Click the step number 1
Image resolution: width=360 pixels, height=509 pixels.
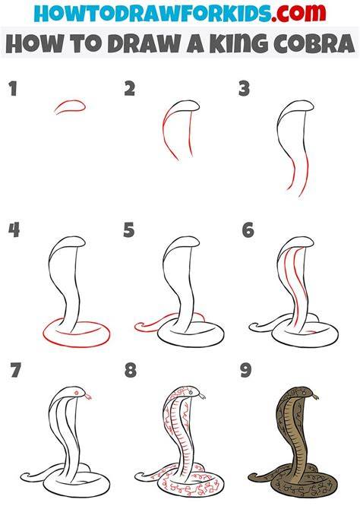click(13, 89)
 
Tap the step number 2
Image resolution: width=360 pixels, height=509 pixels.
click(129, 89)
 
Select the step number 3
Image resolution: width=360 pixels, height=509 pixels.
click(244, 89)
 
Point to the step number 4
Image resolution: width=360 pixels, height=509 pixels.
click(14, 230)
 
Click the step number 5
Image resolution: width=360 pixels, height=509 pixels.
click(129, 230)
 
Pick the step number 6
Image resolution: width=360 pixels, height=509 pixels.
click(248, 230)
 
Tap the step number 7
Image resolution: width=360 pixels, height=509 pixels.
click(15, 370)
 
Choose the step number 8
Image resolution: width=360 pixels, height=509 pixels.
click(130, 370)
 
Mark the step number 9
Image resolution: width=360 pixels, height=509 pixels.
click(246, 370)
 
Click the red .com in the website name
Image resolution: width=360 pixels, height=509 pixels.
click(298, 14)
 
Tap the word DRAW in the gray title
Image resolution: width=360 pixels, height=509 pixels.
click(144, 43)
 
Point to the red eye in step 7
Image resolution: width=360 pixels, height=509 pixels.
click(77, 393)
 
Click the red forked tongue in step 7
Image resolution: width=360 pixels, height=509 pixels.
click(88, 397)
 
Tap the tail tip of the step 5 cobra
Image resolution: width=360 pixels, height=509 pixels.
click(137, 327)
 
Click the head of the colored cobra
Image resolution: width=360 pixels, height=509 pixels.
click(304, 392)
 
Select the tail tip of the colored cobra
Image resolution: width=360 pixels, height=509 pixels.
click(251, 477)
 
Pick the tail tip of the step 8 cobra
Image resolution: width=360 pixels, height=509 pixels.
click(137, 477)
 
